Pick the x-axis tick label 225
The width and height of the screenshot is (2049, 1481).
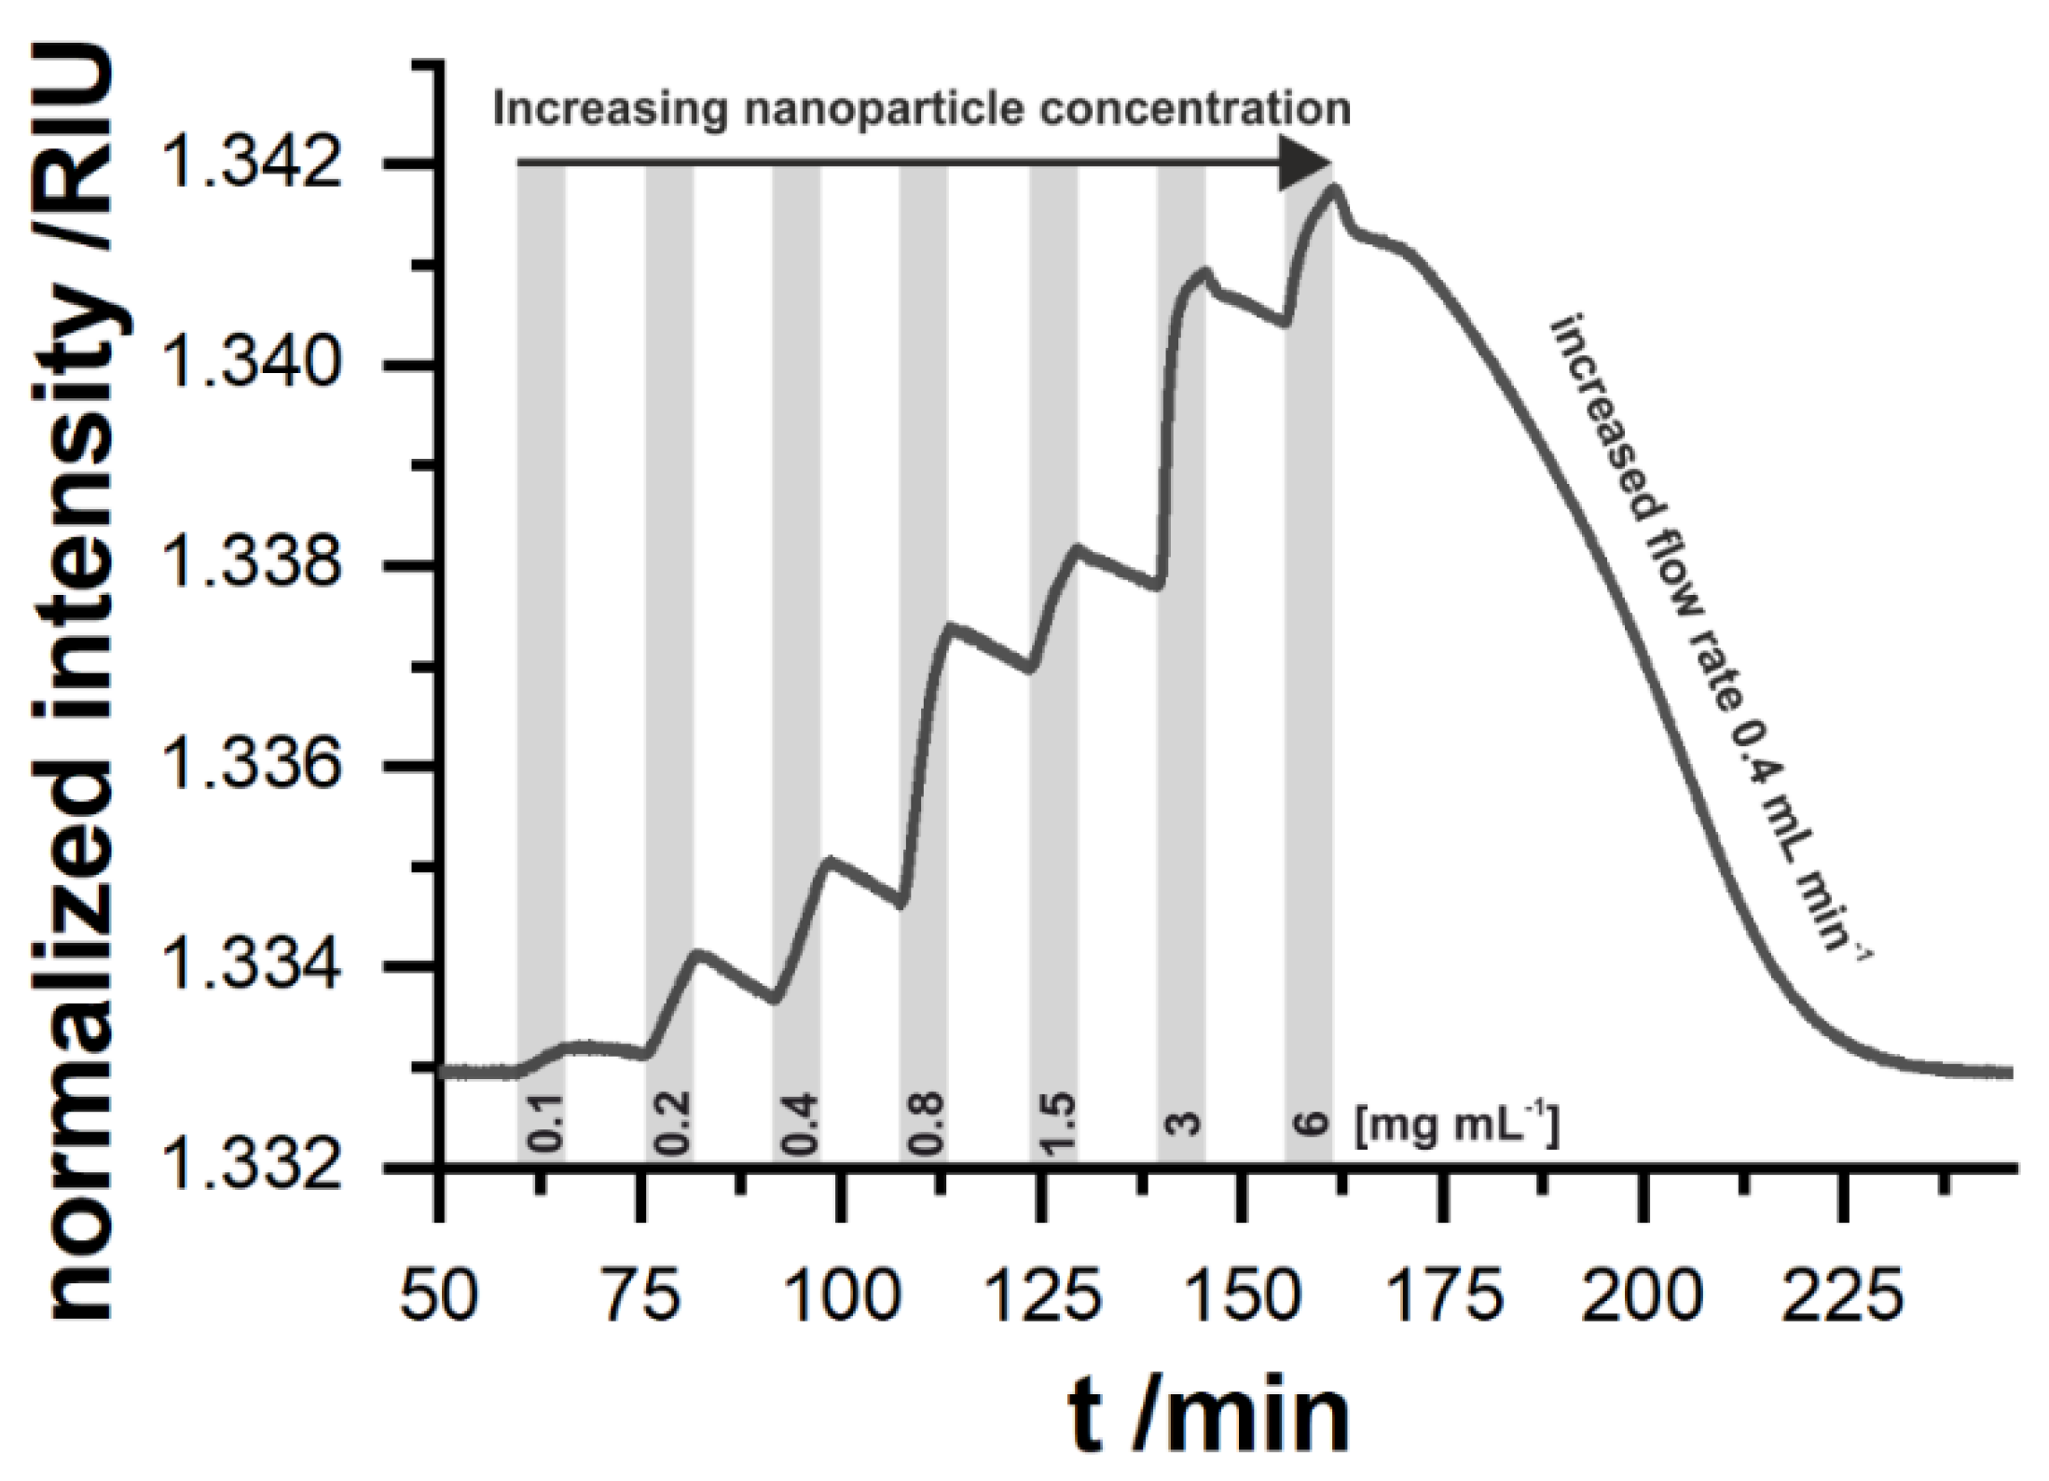pos(1842,1296)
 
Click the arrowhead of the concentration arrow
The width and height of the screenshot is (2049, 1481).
pos(1305,164)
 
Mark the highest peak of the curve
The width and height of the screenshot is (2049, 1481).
pos(1335,187)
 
